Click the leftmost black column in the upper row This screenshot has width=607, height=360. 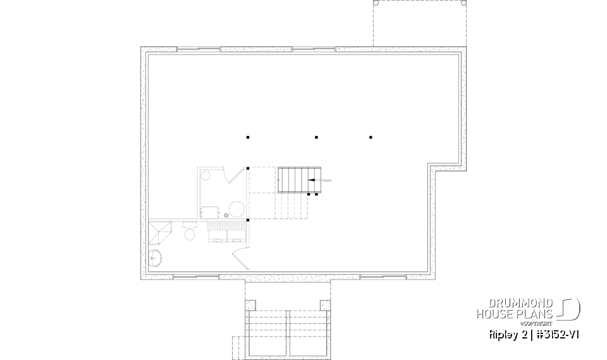pyautogui.click(x=248, y=137)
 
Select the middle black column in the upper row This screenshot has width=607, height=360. pyautogui.click(x=316, y=137)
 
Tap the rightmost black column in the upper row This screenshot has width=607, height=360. pyautogui.click(x=371, y=137)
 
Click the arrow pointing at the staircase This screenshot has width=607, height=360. pyautogui.click(x=319, y=180)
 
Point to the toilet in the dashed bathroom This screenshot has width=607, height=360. pyautogui.click(x=189, y=234)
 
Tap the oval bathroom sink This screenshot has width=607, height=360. pyautogui.click(x=155, y=258)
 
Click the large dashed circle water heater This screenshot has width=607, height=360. pyautogui.click(x=236, y=209)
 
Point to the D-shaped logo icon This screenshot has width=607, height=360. pyautogui.click(x=570, y=309)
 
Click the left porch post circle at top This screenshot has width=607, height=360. pyautogui.click(x=376, y=3)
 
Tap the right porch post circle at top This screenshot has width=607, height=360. pyautogui.click(x=464, y=3)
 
